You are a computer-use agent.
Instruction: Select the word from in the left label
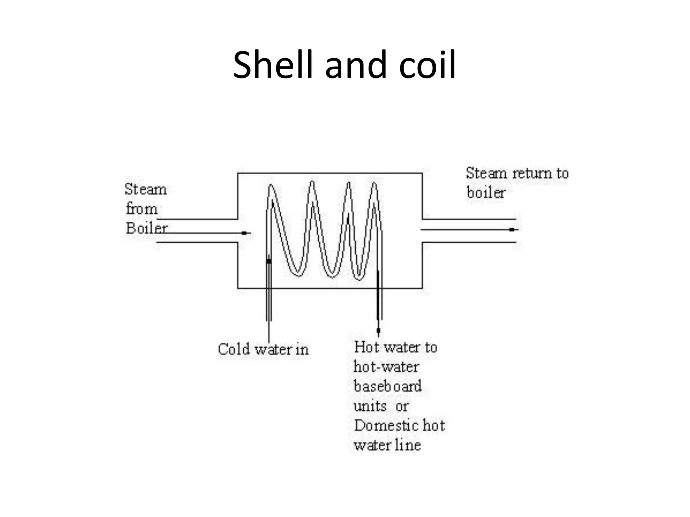tap(142, 209)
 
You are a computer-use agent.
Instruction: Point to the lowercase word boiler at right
tap(486, 193)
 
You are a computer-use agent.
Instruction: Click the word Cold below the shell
tap(234, 349)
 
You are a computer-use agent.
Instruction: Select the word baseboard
tap(387, 386)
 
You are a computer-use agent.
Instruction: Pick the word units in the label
tap(370, 406)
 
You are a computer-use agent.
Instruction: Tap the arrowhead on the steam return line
tap(512, 230)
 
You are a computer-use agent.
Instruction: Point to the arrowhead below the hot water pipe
tap(378, 330)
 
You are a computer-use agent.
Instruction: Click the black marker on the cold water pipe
tap(269, 261)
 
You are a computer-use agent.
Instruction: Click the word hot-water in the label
tap(386, 367)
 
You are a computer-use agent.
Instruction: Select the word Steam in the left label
tap(146, 189)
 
